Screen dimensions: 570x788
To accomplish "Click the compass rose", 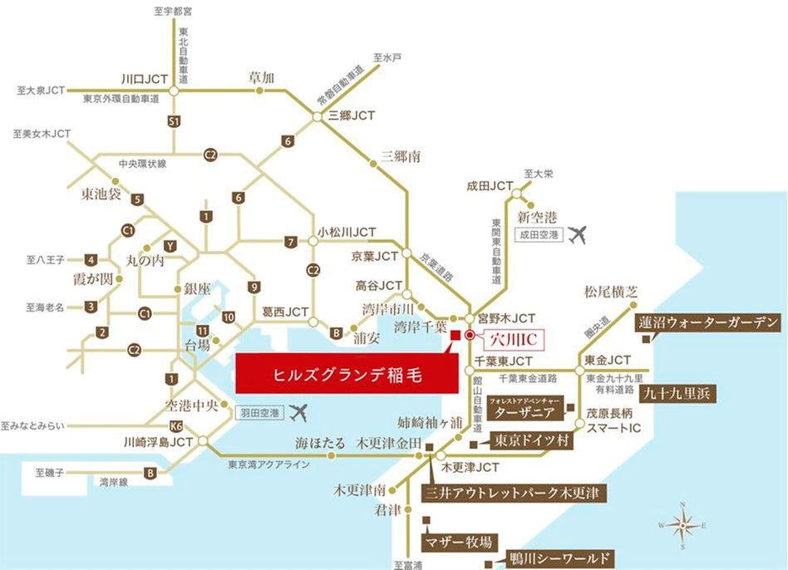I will point(682,525).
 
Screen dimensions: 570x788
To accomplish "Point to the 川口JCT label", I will point(145,80).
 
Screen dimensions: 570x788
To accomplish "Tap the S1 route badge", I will point(174,121).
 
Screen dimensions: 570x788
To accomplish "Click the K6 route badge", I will point(175,425).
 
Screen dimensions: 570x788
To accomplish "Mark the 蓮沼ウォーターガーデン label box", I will point(709,322).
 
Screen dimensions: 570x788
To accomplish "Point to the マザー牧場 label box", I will point(458,543).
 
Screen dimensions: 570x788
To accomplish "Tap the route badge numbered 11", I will point(202,330).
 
